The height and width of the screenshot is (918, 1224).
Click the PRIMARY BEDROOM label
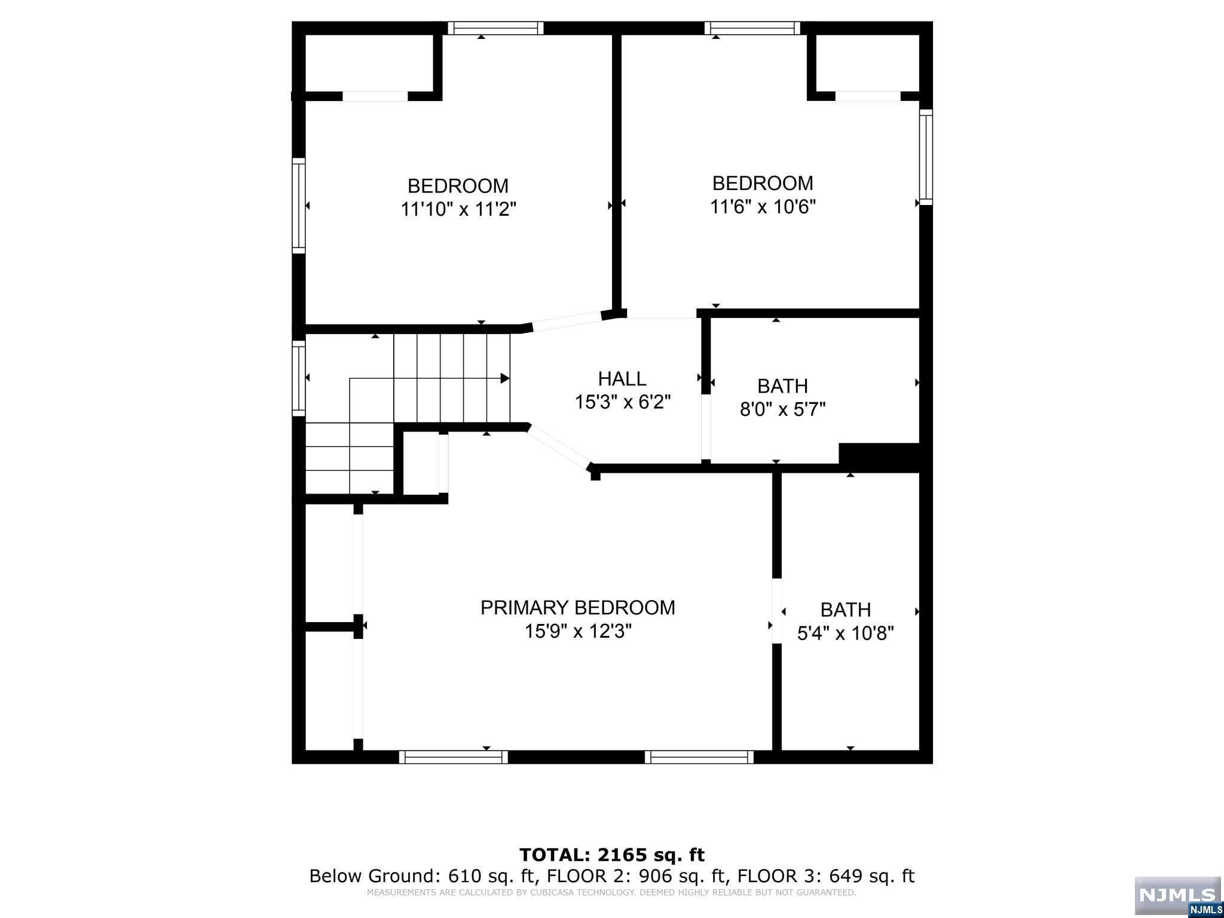coord(577,607)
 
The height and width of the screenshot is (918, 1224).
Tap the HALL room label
coord(622,379)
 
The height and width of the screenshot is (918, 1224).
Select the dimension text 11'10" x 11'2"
coord(458,209)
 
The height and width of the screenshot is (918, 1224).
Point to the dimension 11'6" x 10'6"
coord(763,206)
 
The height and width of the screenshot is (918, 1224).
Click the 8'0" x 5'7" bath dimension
coord(783,409)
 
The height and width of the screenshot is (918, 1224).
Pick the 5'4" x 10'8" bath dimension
coord(846,633)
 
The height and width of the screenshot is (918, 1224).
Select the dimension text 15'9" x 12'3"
coord(578,631)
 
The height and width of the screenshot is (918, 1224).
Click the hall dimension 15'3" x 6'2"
coord(623,402)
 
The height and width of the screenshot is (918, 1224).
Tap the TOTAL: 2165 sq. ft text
coord(612,855)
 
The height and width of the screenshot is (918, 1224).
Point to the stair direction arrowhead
coord(505,378)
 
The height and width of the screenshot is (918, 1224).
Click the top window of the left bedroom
coord(495,28)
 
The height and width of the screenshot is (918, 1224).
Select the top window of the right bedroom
coord(752,28)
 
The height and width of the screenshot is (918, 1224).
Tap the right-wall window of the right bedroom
coord(926,157)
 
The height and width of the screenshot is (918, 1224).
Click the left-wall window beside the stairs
coord(298,378)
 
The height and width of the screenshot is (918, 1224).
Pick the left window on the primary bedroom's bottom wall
coord(454,757)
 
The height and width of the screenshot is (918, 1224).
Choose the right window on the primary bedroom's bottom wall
coord(699,757)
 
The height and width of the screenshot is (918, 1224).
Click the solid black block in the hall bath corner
coord(879,457)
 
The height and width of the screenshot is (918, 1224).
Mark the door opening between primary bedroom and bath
coord(777,611)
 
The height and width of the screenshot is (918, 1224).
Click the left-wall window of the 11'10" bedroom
coord(298,206)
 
